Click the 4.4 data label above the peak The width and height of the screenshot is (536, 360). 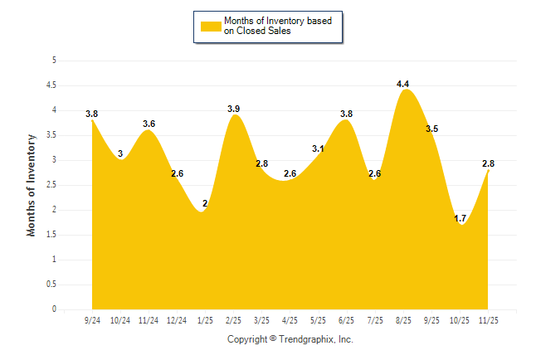(403, 84)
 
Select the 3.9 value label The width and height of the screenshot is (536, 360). (234, 109)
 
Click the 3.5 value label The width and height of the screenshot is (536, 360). (432, 129)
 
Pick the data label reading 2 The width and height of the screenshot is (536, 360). (204, 204)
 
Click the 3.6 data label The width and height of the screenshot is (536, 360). (149, 124)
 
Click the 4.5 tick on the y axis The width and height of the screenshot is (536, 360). (51, 85)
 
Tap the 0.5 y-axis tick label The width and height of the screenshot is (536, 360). (51, 285)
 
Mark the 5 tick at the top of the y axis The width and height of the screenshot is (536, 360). (54, 61)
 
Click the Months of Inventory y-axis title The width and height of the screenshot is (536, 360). (32, 185)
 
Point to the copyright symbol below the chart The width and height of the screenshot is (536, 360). (273, 339)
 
